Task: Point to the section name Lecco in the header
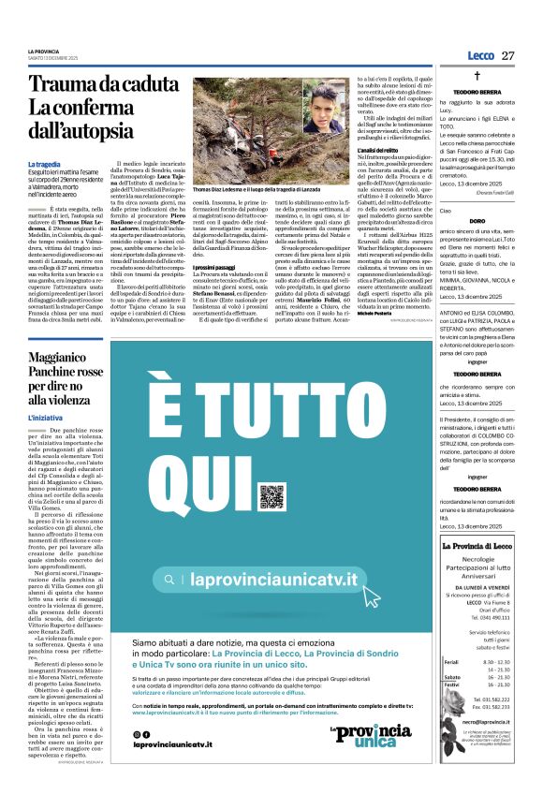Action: point(474,56)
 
